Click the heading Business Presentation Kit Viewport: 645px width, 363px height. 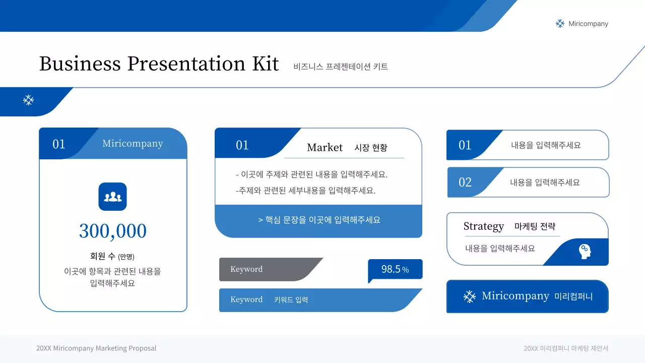pos(159,64)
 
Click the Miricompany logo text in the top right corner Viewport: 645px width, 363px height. pos(588,24)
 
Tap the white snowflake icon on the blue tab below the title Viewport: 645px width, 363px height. pos(29,100)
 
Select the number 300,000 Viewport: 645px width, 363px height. pos(113,231)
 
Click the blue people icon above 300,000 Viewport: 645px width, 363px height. pos(112,197)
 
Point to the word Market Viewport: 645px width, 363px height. pos(325,147)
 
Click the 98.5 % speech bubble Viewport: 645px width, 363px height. pos(395,269)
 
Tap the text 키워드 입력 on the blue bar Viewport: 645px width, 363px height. pos(291,300)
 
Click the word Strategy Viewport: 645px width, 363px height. pos(483,226)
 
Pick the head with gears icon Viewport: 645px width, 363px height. pos(585,251)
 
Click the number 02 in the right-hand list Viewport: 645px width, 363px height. pos(465,183)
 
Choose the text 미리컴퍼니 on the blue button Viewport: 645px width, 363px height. pos(573,296)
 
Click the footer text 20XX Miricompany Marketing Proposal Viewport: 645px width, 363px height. pos(96,348)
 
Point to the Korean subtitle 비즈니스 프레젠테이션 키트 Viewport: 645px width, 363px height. pos(341,67)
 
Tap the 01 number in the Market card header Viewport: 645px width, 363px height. pos(242,145)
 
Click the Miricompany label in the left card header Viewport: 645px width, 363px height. pos(133,144)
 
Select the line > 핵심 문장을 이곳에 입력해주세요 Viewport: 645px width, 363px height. pos(318,220)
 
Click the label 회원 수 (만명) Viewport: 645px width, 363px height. pos(112,256)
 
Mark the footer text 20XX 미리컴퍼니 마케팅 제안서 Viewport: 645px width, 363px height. pos(566,348)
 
